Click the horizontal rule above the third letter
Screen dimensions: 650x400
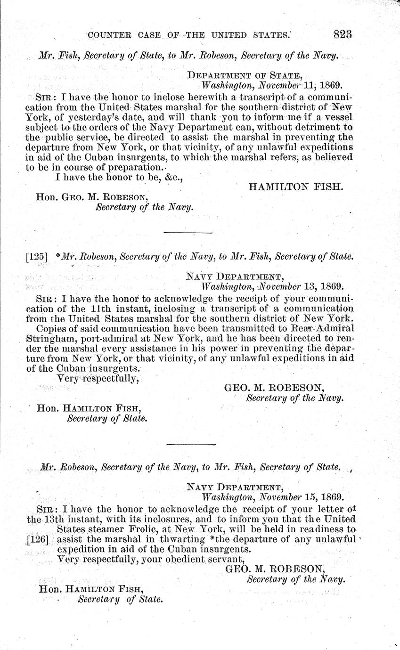pos(191,444)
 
